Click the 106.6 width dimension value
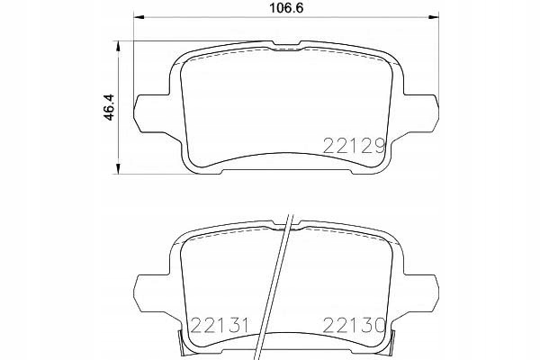(x=286, y=8)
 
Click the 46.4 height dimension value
(x=109, y=107)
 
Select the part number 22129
(x=354, y=146)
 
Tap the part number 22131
(x=219, y=325)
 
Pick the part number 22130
(x=354, y=325)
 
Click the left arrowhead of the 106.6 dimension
(x=139, y=16)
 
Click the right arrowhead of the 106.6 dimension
(x=434, y=16)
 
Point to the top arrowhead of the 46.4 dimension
(x=118, y=47)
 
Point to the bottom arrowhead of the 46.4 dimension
(x=118, y=168)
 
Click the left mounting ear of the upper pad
(x=153, y=113)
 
